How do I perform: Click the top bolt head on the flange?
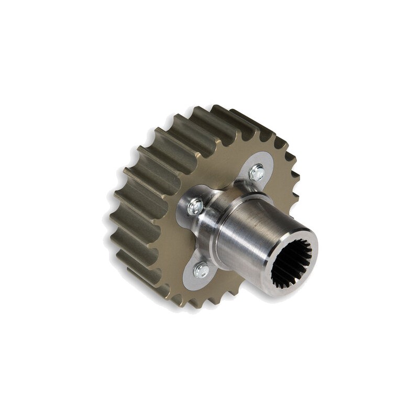pyautogui.click(x=257, y=172)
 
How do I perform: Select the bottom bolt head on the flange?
pyautogui.click(x=201, y=270)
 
